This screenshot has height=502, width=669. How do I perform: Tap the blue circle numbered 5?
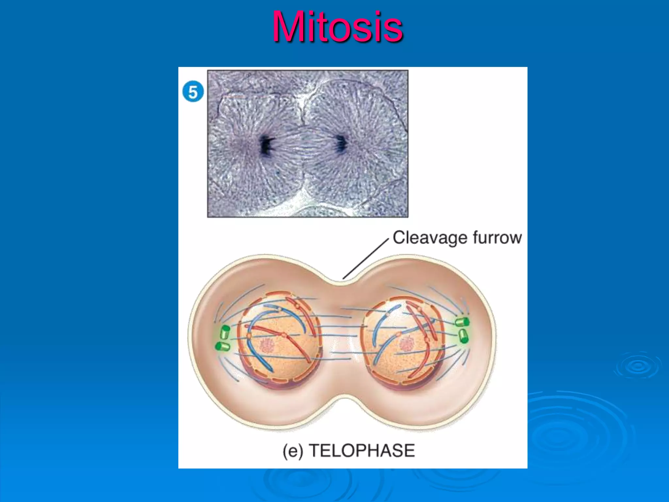[193, 92]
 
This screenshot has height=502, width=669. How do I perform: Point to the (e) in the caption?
[293, 451]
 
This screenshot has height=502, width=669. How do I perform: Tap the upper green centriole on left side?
[225, 332]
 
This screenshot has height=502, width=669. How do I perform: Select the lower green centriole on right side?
[464, 336]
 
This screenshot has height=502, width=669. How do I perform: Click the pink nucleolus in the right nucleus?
[407, 344]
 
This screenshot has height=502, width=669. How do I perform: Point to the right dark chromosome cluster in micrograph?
[341, 144]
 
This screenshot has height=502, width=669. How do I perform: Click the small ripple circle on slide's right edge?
[637, 366]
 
